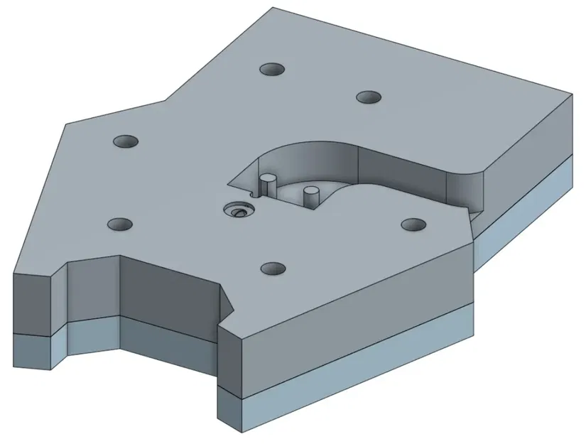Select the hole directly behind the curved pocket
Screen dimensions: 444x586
tap(368, 97)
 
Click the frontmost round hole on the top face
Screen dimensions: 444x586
tap(273, 269)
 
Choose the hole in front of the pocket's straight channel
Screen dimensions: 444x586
tap(413, 224)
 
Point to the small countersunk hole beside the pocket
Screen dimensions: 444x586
tap(237, 210)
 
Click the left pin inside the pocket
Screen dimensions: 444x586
tap(267, 185)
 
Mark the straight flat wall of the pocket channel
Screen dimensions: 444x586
tap(405, 174)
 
